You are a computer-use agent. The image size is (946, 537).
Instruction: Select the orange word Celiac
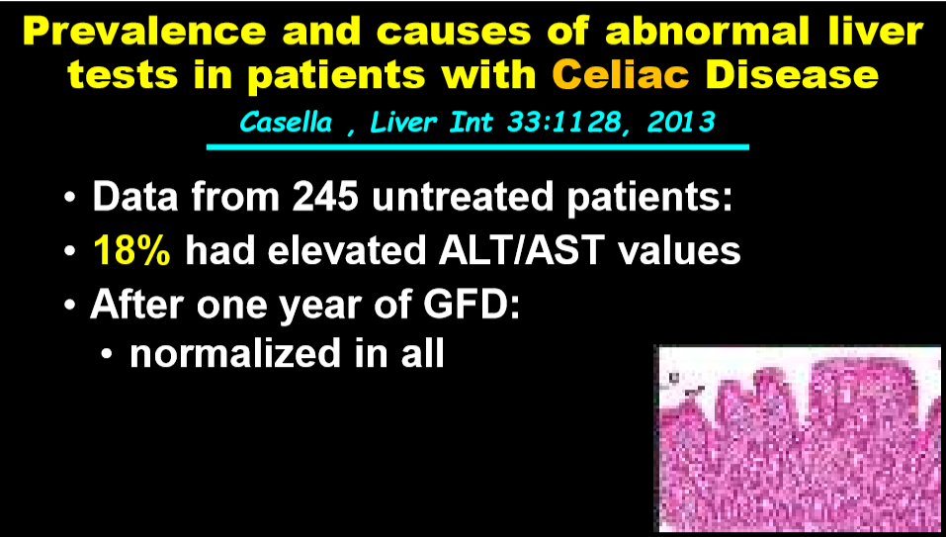(620, 73)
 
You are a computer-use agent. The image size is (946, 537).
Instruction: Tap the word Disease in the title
(792, 73)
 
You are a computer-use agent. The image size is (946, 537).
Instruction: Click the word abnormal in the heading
(707, 31)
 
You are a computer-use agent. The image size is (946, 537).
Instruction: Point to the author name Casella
(286, 123)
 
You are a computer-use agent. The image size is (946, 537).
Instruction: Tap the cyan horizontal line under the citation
(477, 146)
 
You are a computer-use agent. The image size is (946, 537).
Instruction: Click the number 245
(326, 196)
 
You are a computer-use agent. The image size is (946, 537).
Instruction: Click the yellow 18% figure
(131, 250)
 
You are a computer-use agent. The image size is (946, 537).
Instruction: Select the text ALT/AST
(521, 250)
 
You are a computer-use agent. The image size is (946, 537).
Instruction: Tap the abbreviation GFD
(472, 304)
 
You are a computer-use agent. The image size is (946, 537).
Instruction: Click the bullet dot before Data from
(69, 198)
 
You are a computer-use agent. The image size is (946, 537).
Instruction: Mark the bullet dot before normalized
(107, 355)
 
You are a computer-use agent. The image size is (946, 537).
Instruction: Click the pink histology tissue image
(800, 439)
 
